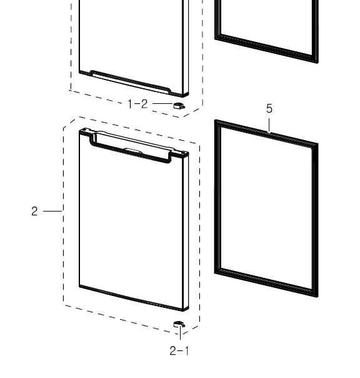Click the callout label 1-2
click(x=137, y=104)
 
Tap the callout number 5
click(x=269, y=108)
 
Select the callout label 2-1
click(x=179, y=350)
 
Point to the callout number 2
click(x=34, y=211)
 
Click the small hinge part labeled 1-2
click(x=179, y=106)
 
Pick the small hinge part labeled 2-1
click(x=179, y=324)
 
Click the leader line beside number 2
click(x=52, y=211)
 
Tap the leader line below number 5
click(x=269, y=125)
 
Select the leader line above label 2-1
click(x=180, y=332)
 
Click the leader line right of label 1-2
click(x=163, y=104)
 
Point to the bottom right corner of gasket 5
click(x=317, y=297)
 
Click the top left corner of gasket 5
click(x=216, y=121)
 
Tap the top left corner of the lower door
click(x=79, y=131)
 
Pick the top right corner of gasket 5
click(x=317, y=144)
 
